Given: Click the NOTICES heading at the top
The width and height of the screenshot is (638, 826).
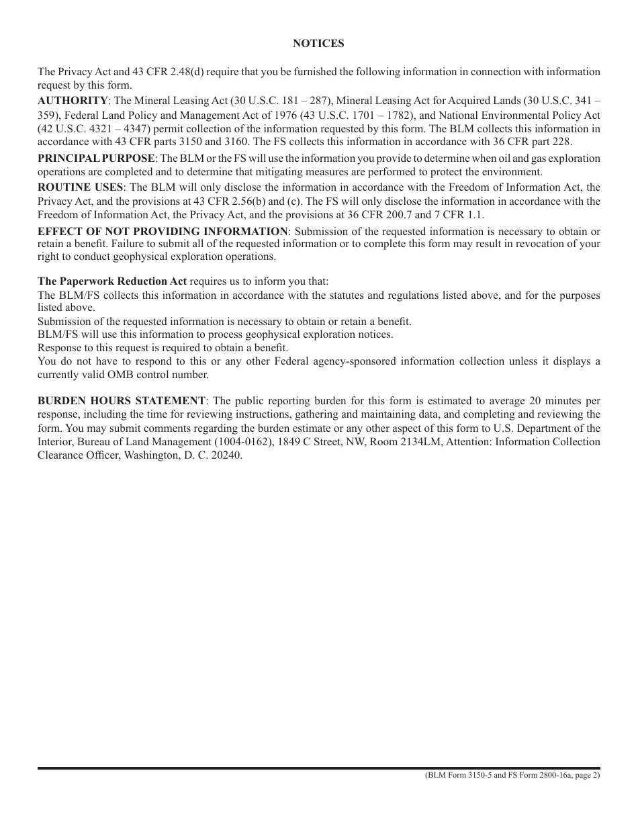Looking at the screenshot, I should (x=318, y=44).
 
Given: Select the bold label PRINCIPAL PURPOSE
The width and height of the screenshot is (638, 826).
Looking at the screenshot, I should (x=96, y=158).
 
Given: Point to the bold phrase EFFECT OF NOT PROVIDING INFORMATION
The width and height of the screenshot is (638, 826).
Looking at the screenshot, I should (x=163, y=231).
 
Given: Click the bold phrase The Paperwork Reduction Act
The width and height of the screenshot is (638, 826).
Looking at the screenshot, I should (x=112, y=281).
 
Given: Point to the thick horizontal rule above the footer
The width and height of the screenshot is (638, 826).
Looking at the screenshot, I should (x=318, y=768).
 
